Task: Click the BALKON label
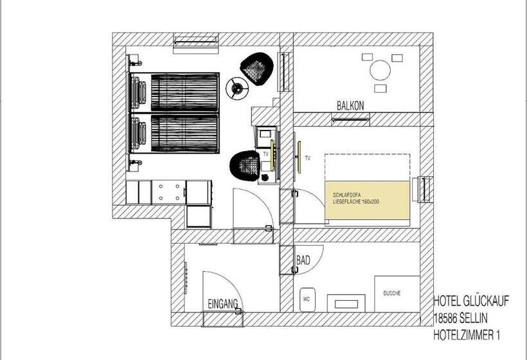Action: click(x=350, y=105)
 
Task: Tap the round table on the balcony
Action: click(x=380, y=70)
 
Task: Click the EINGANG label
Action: click(x=223, y=304)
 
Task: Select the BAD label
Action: click(x=303, y=260)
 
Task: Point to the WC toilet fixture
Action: click(x=307, y=299)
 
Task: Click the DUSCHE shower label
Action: click(x=392, y=293)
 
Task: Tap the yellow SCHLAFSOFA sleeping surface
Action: click(x=368, y=200)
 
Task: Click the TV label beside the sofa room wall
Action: click(x=308, y=157)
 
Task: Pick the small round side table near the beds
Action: click(x=237, y=89)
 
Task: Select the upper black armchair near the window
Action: click(x=256, y=69)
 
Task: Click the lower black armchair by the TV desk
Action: click(x=246, y=165)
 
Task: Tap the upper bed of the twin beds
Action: click(x=174, y=93)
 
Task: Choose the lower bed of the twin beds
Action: click(x=174, y=133)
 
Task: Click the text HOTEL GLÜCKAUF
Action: click(x=471, y=301)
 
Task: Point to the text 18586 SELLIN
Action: click(x=460, y=318)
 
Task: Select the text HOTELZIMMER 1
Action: click(x=467, y=335)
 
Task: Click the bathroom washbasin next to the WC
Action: click(x=346, y=303)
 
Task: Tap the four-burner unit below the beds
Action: click(x=169, y=192)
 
